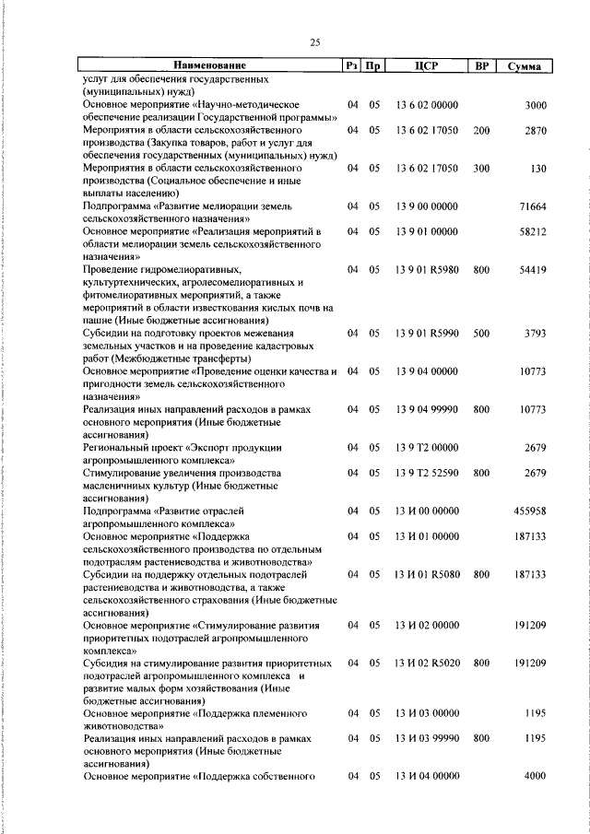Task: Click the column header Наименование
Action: [211, 66]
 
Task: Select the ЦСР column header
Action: [426, 66]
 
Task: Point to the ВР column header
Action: [480, 66]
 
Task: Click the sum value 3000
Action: [536, 106]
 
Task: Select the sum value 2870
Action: [536, 131]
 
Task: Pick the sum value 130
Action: [538, 169]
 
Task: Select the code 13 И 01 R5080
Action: [427, 573]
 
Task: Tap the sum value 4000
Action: [536, 775]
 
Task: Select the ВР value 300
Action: [481, 169]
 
